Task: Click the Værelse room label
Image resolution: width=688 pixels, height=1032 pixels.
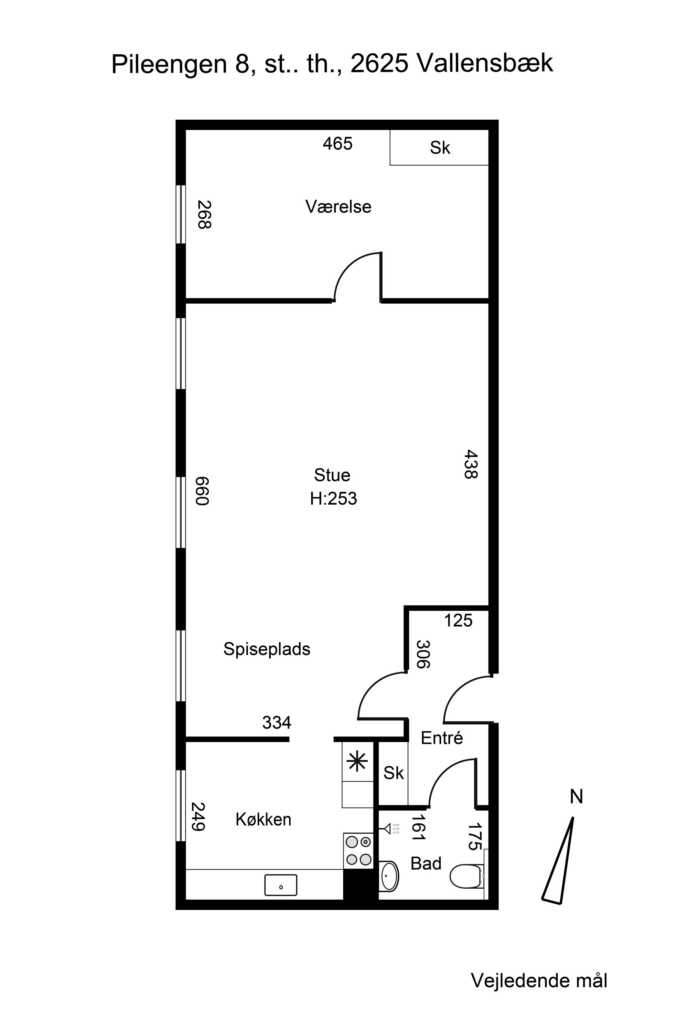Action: pos(338,207)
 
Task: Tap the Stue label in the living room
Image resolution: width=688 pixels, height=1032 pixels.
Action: pos(332,475)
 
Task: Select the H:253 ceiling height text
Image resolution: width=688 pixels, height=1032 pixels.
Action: pos(333,499)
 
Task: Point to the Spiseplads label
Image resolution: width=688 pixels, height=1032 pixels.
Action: pos(267,649)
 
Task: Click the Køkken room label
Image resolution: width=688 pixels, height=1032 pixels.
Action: pos(263,820)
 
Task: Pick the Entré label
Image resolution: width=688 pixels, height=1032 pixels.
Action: pos(442,738)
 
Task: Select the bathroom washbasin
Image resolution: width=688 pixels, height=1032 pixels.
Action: pos(389,876)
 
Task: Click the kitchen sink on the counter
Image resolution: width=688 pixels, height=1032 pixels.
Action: pos(281,885)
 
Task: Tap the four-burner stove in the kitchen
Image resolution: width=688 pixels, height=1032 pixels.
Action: pos(358,851)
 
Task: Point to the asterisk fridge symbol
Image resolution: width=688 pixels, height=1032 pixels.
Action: pos(357,761)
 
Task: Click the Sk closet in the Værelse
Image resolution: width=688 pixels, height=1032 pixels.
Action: pos(440,148)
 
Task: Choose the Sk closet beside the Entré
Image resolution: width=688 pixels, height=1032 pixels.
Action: pos(393,773)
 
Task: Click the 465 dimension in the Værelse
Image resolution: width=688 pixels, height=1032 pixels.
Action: pos(338,143)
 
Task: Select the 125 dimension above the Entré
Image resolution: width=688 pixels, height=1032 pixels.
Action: pos(458,621)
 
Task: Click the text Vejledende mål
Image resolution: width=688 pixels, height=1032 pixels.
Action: pos(539,981)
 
